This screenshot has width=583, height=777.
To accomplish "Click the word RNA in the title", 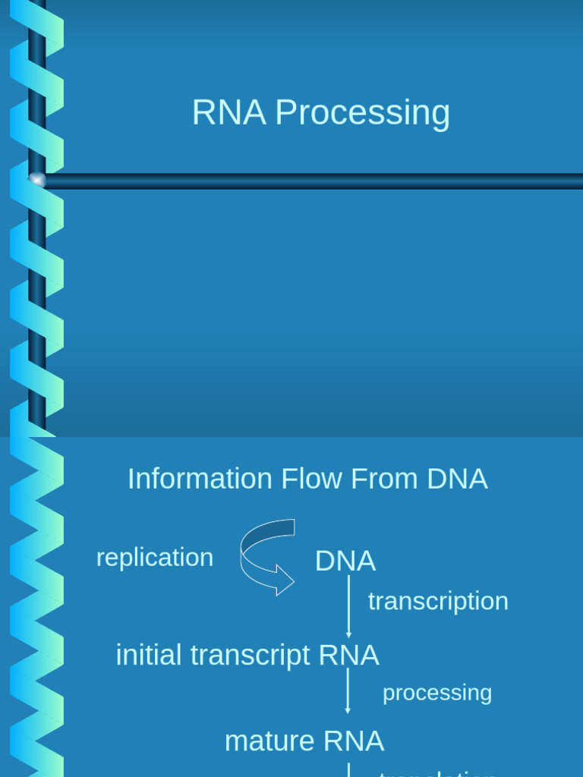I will click(x=228, y=113).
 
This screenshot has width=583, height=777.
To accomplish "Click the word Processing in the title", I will click(x=362, y=113).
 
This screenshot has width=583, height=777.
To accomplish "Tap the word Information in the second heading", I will click(x=200, y=479).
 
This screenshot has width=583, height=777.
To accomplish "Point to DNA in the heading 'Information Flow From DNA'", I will click(x=457, y=479).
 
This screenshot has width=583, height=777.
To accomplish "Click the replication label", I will click(x=155, y=558).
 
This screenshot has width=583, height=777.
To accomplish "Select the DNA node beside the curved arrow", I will click(x=345, y=562).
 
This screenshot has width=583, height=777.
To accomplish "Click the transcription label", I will click(x=438, y=601).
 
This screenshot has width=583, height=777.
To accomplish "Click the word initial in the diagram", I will click(x=150, y=655).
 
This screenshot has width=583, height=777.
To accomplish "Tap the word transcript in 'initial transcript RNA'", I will click(x=250, y=655).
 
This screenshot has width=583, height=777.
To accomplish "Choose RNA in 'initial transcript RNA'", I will click(x=348, y=655).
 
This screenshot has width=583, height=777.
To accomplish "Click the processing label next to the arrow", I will click(x=437, y=693).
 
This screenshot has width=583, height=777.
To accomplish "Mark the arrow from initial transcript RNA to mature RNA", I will click(x=348, y=690).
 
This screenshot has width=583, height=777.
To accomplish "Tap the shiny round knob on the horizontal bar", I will click(x=36, y=180).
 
